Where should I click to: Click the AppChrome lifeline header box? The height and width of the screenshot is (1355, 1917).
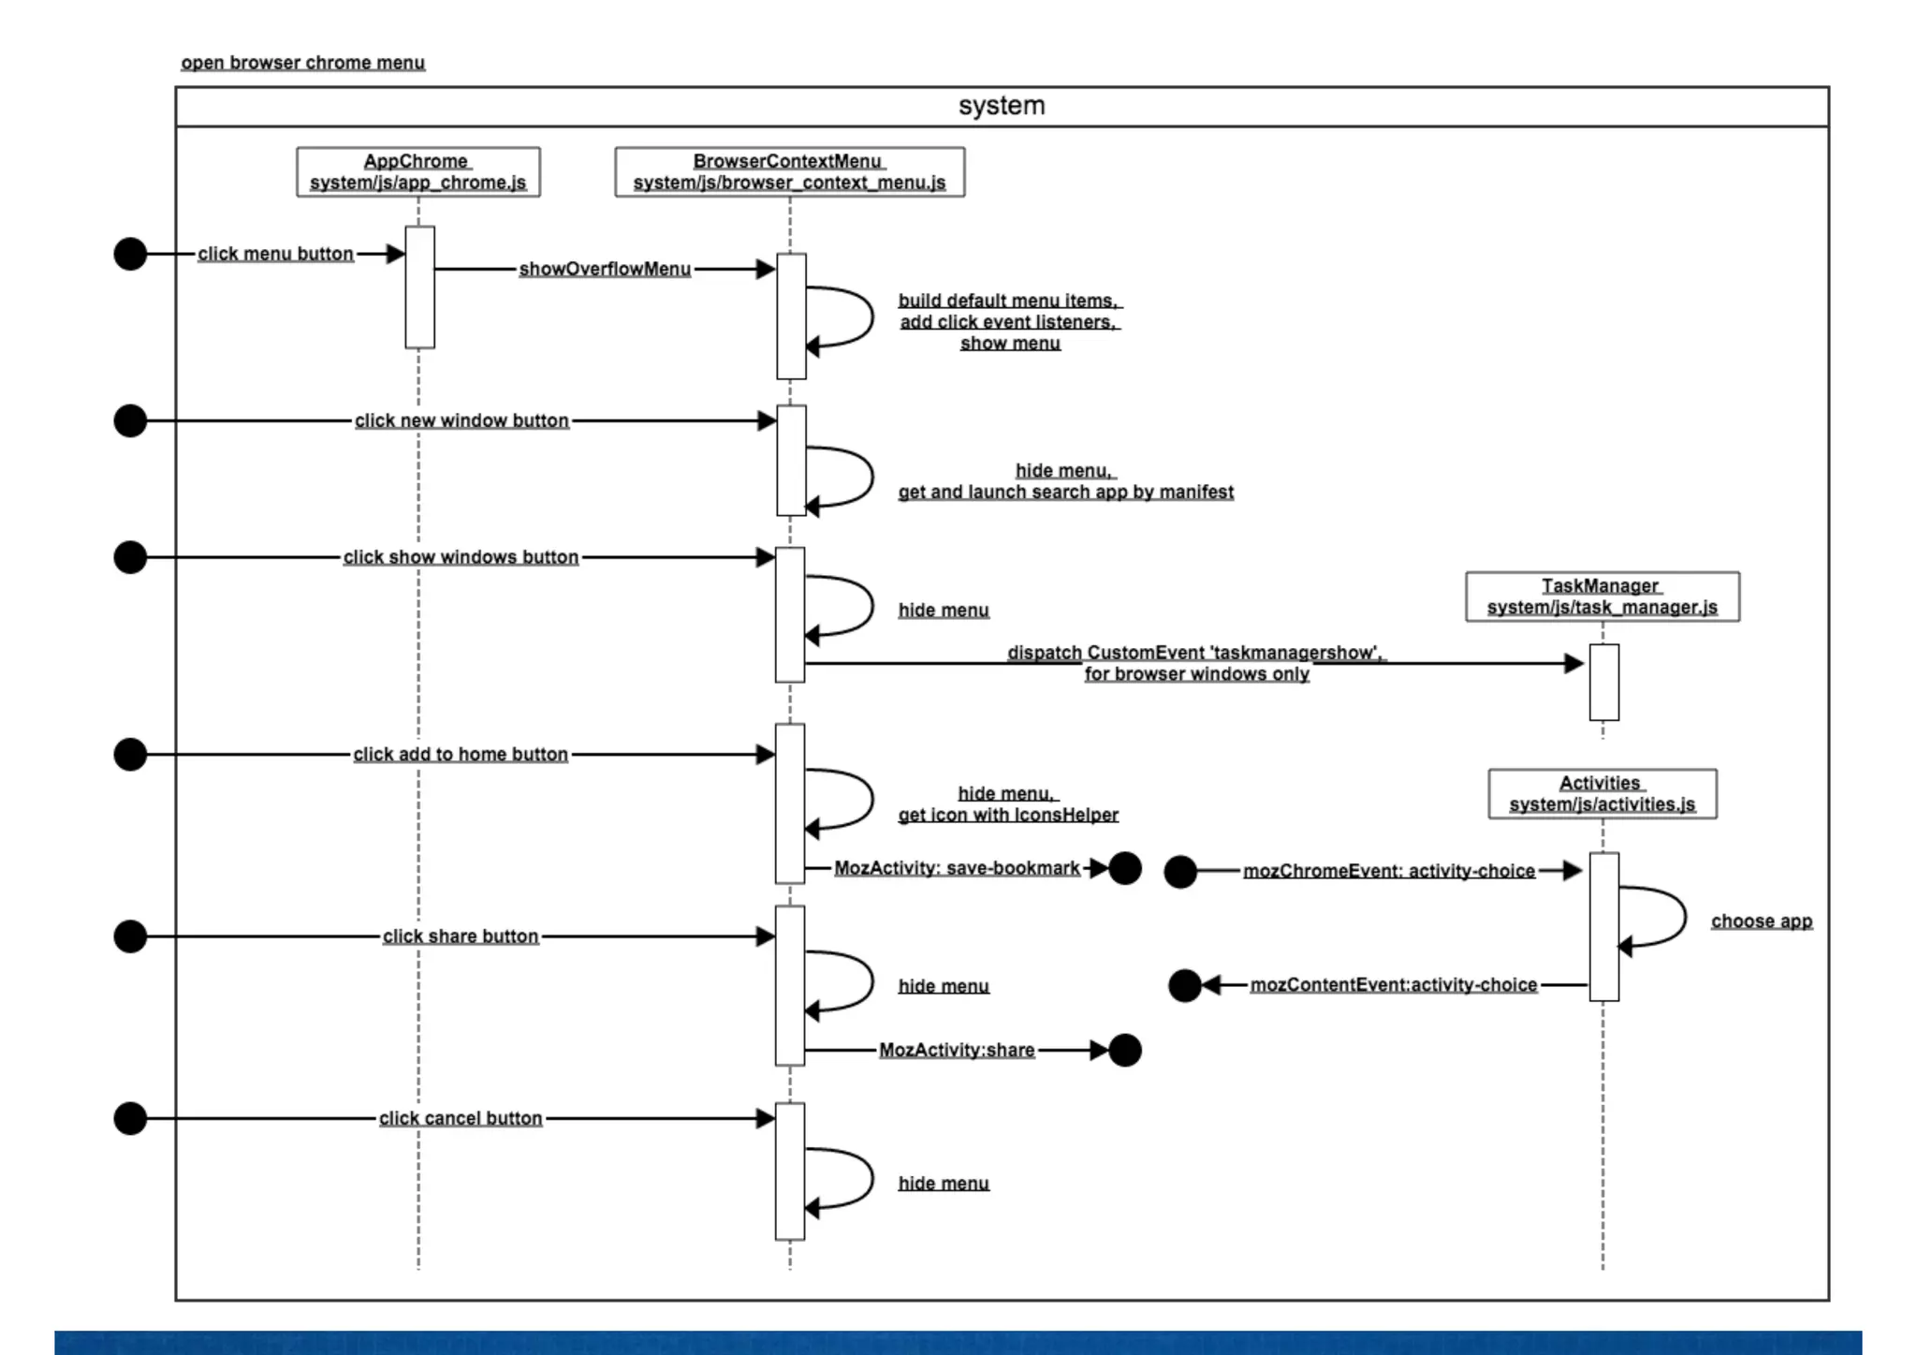click(x=417, y=171)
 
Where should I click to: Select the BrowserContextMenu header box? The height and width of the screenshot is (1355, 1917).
click(x=789, y=171)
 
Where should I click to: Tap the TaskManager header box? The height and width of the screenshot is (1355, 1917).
click(x=1602, y=596)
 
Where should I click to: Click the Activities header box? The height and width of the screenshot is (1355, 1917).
click(x=1602, y=794)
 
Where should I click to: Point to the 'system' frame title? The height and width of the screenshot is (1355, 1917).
click(x=1001, y=106)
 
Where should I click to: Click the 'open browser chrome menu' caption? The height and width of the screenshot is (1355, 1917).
click(x=302, y=63)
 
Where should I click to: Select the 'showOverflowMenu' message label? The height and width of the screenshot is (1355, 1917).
click(x=605, y=270)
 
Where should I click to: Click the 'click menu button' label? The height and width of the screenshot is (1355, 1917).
click(x=275, y=254)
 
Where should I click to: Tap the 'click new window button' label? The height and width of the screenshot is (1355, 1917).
click(x=461, y=421)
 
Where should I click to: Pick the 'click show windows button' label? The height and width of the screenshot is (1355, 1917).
click(x=461, y=557)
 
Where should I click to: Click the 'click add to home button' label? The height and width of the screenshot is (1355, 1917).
click(x=461, y=755)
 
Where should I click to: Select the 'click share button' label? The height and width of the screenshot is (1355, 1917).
click(x=461, y=936)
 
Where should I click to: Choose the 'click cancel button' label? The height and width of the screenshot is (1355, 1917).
click(x=461, y=1118)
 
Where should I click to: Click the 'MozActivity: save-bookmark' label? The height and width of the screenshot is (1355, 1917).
click(x=957, y=868)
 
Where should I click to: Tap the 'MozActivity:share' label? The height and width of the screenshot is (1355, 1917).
click(x=957, y=1051)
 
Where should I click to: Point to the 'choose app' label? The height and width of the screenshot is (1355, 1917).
click(x=1761, y=921)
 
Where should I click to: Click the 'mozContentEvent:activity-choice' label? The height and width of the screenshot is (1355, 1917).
click(x=1393, y=985)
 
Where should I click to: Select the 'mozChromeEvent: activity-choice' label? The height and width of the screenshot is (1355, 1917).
click(x=1388, y=871)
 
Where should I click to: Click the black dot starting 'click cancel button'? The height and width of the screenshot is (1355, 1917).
click(x=130, y=1118)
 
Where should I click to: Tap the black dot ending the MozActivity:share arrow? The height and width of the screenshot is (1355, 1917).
click(x=1124, y=1051)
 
